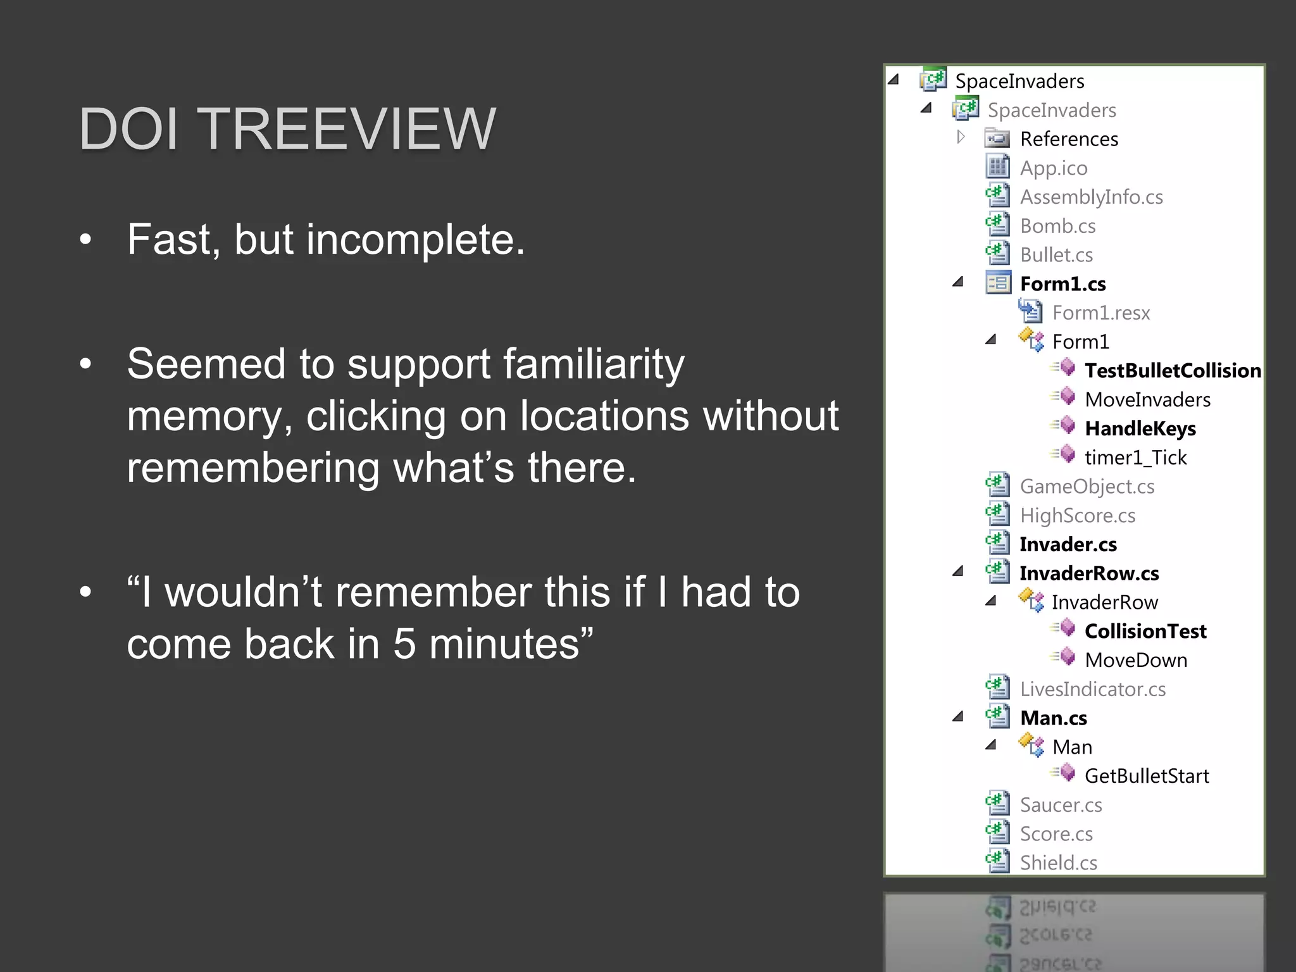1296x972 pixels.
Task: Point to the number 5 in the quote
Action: pos(404,644)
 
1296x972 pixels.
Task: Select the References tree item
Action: pos(1069,139)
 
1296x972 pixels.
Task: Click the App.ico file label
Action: pos(1053,168)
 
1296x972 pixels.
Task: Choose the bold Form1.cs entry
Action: pos(1062,284)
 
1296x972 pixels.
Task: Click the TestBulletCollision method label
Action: pos(1173,371)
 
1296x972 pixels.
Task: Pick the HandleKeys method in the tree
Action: pos(1140,429)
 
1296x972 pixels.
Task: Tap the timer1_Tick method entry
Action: pos(1135,458)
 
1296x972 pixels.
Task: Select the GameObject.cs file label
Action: pos(1087,487)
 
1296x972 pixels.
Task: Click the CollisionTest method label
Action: pos(1145,632)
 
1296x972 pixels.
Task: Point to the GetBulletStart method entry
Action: pos(1146,776)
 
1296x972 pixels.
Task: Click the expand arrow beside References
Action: pos(961,137)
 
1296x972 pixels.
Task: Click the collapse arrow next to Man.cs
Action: pos(958,717)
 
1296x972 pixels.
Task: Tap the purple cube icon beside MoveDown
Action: pos(1067,657)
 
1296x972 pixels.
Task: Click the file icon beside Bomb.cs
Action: pos(998,225)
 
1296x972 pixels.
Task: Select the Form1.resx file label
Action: pos(1100,313)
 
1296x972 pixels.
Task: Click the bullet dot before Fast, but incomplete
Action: pos(86,240)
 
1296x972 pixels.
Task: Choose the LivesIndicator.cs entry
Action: pos(1092,690)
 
